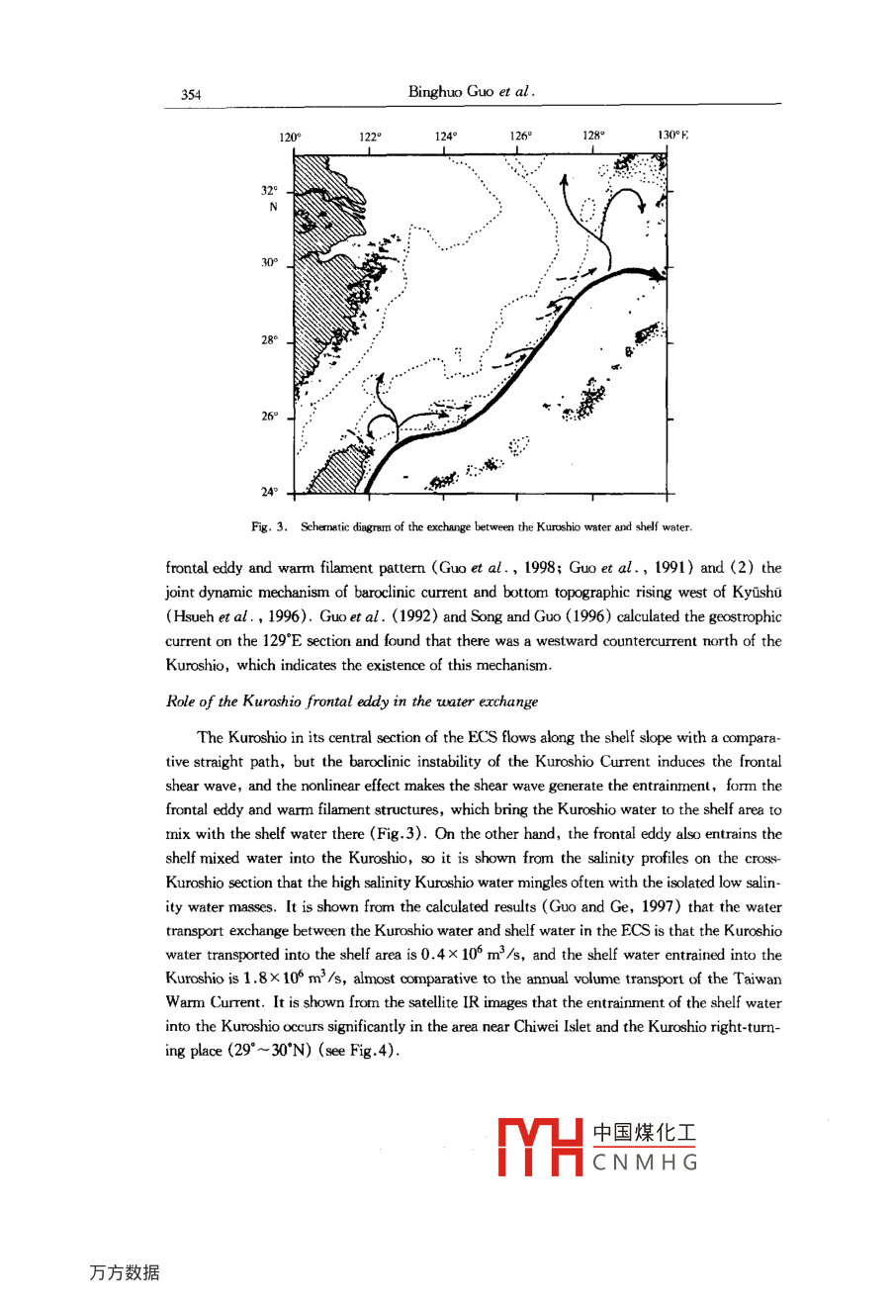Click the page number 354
[x=191, y=95]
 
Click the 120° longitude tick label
[x=290, y=138]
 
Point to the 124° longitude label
[x=445, y=137]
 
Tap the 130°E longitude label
[x=672, y=136]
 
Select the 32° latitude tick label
[x=269, y=191]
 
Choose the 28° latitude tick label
[x=269, y=340]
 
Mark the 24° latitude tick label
[x=269, y=492]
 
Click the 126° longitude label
[x=521, y=137]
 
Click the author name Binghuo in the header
[x=435, y=92]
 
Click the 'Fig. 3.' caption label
[x=268, y=527]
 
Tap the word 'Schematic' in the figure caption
[x=325, y=527]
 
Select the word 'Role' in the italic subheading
[x=180, y=701]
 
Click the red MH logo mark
[x=539, y=1147]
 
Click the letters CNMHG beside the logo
[x=645, y=1163]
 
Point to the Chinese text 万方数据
[x=124, y=1272]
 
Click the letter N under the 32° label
[x=273, y=208]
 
